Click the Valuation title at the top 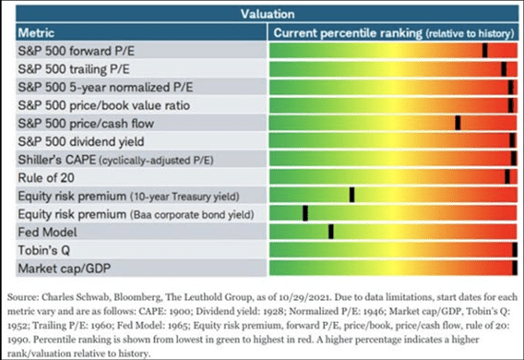tap(268, 14)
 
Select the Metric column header tap(39, 32)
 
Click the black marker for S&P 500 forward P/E tap(485, 51)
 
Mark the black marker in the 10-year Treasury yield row tap(351, 195)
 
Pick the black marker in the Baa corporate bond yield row tap(304, 213)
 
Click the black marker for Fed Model tap(330, 231)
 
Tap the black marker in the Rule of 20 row tap(506, 176)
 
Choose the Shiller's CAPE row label tap(57, 159)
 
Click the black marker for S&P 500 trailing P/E tap(504, 68)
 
